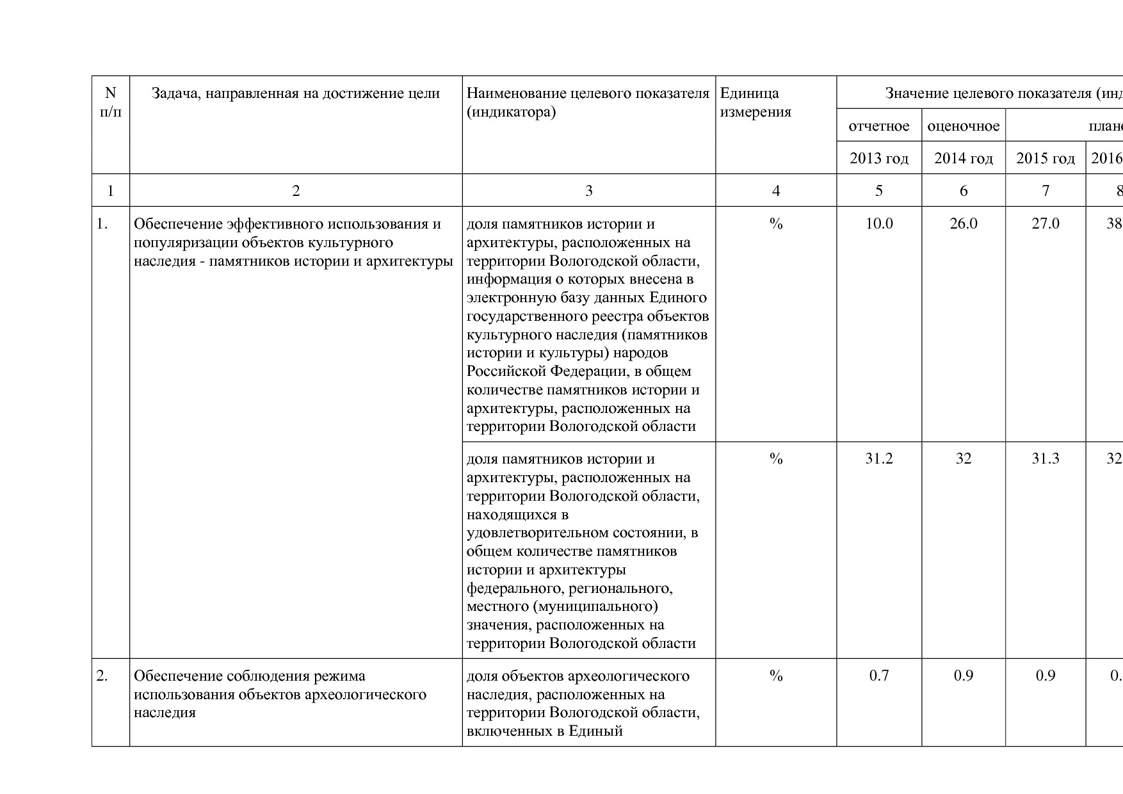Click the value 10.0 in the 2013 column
(878, 223)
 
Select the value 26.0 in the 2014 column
(963, 223)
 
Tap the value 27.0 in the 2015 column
(1045, 223)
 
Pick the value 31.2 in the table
(878, 458)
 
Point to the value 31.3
(1045, 458)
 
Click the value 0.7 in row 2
(878, 676)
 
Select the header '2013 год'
(878, 158)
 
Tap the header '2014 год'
(963, 158)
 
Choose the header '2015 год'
(1045, 158)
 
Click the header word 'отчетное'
(878, 126)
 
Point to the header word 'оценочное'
(963, 126)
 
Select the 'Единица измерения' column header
(755, 102)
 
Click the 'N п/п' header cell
(111, 102)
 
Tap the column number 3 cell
(588, 190)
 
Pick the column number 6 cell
(963, 190)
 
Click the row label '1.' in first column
(102, 223)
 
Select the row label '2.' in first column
(102, 676)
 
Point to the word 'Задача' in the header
(174, 93)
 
